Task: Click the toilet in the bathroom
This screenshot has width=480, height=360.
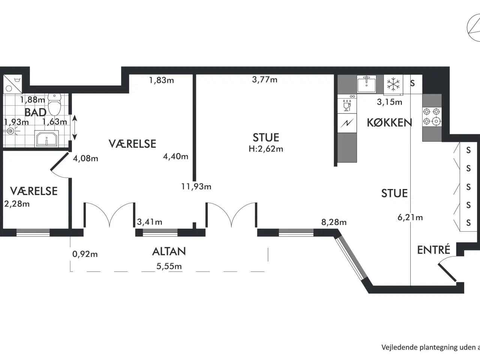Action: [x=54, y=105]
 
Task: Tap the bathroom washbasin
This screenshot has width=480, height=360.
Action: [x=46, y=139]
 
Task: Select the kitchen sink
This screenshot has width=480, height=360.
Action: [x=366, y=84]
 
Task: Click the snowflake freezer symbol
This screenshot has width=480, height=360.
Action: [x=393, y=84]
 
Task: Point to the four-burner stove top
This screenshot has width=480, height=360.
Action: [x=432, y=117]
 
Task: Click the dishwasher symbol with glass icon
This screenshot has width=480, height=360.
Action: [x=347, y=106]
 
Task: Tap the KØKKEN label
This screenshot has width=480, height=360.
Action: [x=389, y=123]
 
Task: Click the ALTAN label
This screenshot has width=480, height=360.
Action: [x=169, y=251]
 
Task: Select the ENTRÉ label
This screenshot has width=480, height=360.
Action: [x=433, y=250]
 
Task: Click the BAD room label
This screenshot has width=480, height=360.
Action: [x=35, y=112]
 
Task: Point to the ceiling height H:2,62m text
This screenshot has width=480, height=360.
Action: [x=266, y=149]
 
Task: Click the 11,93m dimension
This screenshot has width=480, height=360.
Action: [x=196, y=186]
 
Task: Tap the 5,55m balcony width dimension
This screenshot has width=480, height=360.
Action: [x=169, y=266]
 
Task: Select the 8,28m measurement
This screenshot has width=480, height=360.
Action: [x=334, y=222]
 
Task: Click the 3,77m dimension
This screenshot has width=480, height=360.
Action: [x=265, y=79]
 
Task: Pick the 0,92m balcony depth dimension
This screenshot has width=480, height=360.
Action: [x=85, y=254]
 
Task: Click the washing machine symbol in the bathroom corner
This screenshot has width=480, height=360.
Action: [x=13, y=84]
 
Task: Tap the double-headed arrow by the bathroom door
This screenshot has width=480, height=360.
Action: [x=75, y=127]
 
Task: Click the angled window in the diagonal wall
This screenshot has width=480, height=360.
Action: [x=351, y=258]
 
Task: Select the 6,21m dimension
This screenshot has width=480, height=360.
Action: [x=410, y=217]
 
